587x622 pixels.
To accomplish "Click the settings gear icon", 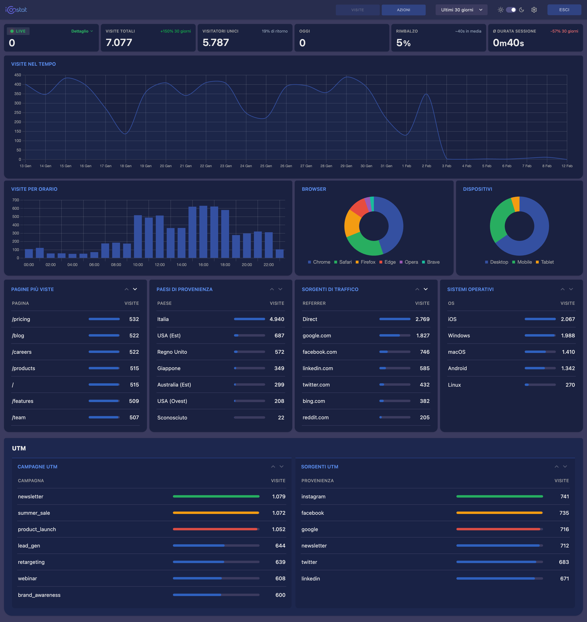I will pyautogui.click(x=534, y=10).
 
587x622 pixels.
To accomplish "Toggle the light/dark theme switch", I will pyautogui.click(x=511, y=10).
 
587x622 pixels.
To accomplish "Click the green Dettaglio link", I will pyautogui.click(x=82, y=31).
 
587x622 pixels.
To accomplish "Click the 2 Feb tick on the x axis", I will pyautogui.click(x=426, y=166).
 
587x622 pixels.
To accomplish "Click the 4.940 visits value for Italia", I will pyautogui.click(x=277, y=319).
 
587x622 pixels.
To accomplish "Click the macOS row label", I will pyautogui.click(x=456, y=352).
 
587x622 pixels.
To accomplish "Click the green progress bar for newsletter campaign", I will pyautogui.click(x=216, y=497).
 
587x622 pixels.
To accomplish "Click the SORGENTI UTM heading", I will pyautogui.click(x=319, y=466).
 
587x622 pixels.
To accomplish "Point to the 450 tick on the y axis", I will pyautogui.click(x=18, y=75).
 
